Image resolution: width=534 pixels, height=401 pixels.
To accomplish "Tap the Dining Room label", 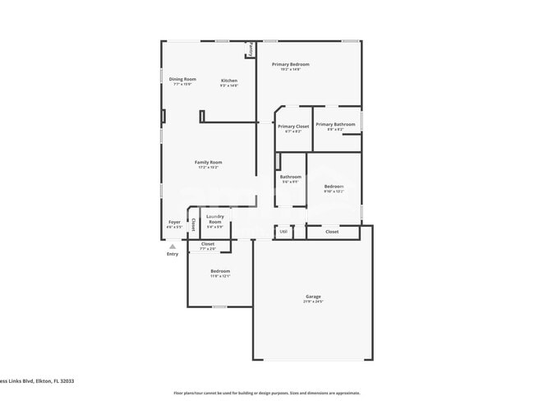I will point(182,79).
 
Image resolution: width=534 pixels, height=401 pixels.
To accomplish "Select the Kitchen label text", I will point(228,80).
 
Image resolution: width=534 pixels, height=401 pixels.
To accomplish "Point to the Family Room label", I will point(208,162).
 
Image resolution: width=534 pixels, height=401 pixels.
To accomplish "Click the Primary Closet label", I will point(293,126).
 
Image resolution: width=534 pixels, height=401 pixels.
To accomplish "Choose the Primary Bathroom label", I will point(335,124).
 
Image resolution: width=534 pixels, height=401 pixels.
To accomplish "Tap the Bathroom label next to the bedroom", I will point(290,176).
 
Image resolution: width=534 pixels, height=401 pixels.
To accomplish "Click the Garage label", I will point(313,296).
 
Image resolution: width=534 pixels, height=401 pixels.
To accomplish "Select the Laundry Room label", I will point(214,219).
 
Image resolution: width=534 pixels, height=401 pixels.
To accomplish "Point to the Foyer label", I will point(174,222).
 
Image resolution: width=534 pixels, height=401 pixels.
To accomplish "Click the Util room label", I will point(283,232).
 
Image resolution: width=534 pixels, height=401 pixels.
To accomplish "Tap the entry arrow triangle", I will point(173,246).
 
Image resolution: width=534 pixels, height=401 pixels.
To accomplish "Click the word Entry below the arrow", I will point(173,254).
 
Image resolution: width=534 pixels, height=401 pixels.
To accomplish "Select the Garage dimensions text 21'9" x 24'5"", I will point(313,302).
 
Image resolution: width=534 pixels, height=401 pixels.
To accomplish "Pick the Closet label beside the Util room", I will point(332,232).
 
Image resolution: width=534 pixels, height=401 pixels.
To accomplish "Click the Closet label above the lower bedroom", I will point(207,243).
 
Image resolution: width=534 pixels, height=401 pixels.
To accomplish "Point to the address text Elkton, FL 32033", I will point(54,381).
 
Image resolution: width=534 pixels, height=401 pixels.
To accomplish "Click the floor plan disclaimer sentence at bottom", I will point(266,393).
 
